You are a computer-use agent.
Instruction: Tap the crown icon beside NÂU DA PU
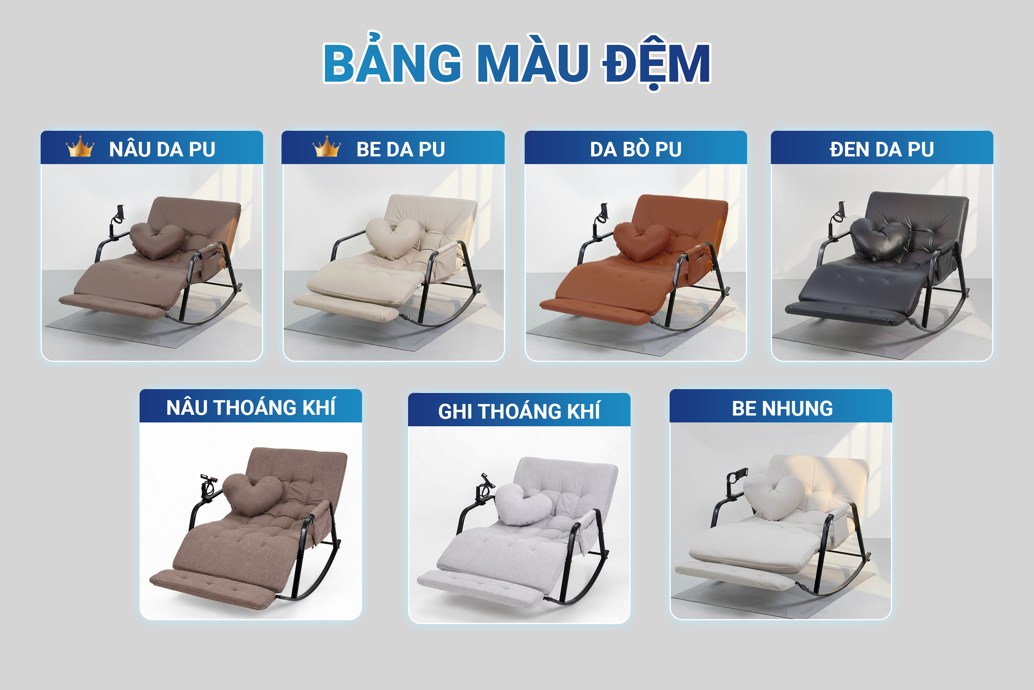[80, 146]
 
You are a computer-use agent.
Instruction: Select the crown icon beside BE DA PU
[327, 146]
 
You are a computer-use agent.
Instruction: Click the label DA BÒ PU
[636, 149]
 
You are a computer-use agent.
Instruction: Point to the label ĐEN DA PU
[882, 149]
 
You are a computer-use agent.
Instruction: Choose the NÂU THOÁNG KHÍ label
[251, 407]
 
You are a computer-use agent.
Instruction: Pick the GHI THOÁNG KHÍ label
[519, 411]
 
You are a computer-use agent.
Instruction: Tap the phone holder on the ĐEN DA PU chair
[837, 220]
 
